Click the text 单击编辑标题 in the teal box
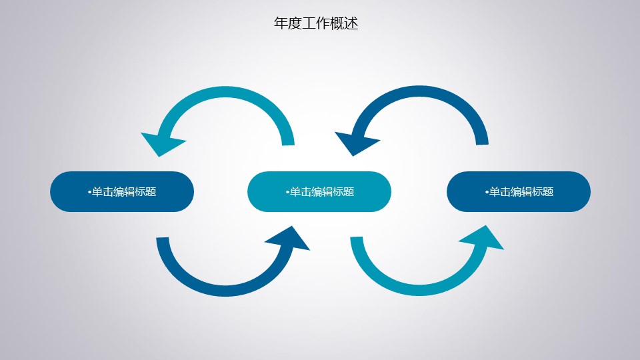[x=322, y=192]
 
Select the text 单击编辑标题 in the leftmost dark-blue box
[x=124, y=192]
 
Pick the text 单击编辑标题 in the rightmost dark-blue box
[x=521, y=192]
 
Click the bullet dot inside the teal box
[x=288, y=192]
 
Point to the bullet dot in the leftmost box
[x=90, y=192]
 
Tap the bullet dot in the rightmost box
[x=487, y=192]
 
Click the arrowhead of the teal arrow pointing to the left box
[x=161, y=143]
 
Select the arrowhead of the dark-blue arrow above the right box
[x=355, y=142]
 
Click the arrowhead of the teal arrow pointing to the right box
[x=487, y=239]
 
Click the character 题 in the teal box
[x=349, y=192]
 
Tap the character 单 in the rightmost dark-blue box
[x=495, y=192]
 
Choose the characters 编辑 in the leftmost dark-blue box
[x=124, y=192]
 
